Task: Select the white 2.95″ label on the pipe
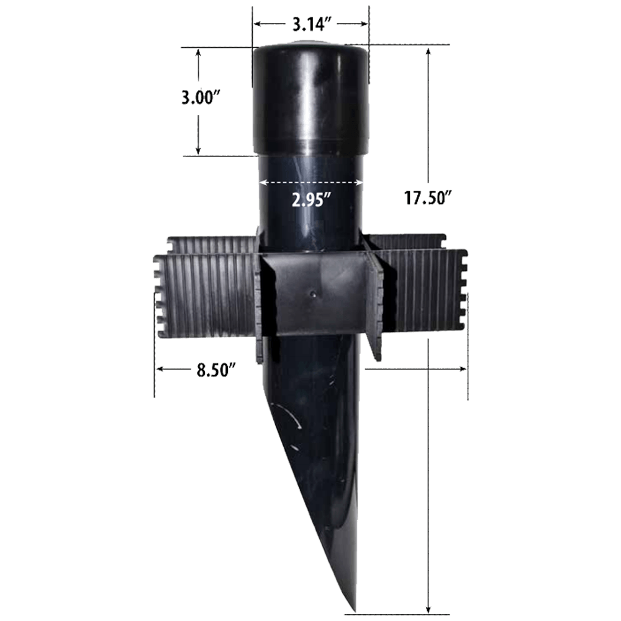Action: point(310,200)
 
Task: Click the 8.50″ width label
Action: point(216,371)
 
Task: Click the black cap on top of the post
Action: point(310,99)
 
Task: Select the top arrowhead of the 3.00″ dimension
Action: point(198,52)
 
